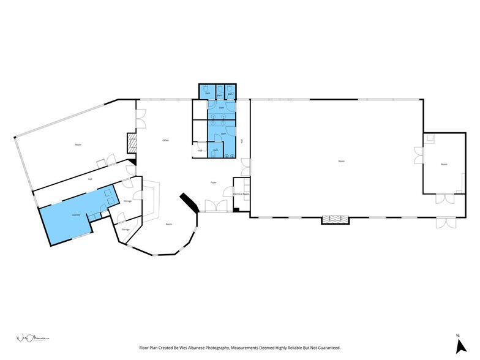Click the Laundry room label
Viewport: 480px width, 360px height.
[x=77, y=215]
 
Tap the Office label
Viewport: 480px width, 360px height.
[x=165, y=141]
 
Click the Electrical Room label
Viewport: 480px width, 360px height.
[x=241, y=193]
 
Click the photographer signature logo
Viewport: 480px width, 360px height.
[x=31, y=337]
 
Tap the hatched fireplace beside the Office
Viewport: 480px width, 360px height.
[x=130, y=143]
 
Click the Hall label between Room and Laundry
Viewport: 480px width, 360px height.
[x=90, y=179]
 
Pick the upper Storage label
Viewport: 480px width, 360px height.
[x=127, y=201]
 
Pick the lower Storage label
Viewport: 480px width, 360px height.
[x=126, y=229]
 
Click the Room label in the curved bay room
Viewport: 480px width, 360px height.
[x=168, y=224]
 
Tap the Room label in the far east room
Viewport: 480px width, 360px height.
[x=443, y=164]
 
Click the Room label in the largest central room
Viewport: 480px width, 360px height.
[x=341, y=161]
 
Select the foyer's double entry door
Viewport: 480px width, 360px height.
[x=216, y=208]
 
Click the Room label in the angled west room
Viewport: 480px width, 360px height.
[x=78, y=144]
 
